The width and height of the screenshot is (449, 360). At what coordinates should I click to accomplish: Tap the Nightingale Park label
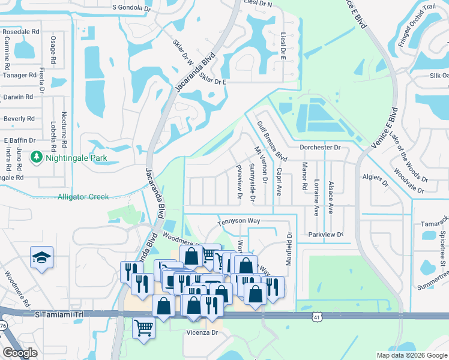pos(74,158)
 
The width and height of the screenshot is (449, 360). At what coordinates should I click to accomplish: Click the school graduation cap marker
pos(42,258)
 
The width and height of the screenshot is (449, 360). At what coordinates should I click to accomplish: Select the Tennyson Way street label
pos(238,221)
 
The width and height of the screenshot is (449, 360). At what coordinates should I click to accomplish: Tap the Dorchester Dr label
pos(320,147)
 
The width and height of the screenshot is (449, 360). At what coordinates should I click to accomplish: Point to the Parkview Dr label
pos(325,235)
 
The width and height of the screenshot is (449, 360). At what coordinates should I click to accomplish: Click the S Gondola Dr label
pos(131,7)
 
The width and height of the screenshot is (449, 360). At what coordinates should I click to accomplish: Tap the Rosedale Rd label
pos(20,31)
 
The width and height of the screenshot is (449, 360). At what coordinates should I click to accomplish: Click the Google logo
pos(20,353)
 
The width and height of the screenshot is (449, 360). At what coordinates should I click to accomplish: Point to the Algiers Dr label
pos(376,177)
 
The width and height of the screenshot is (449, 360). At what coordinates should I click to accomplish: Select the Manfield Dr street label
pos(289,245)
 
